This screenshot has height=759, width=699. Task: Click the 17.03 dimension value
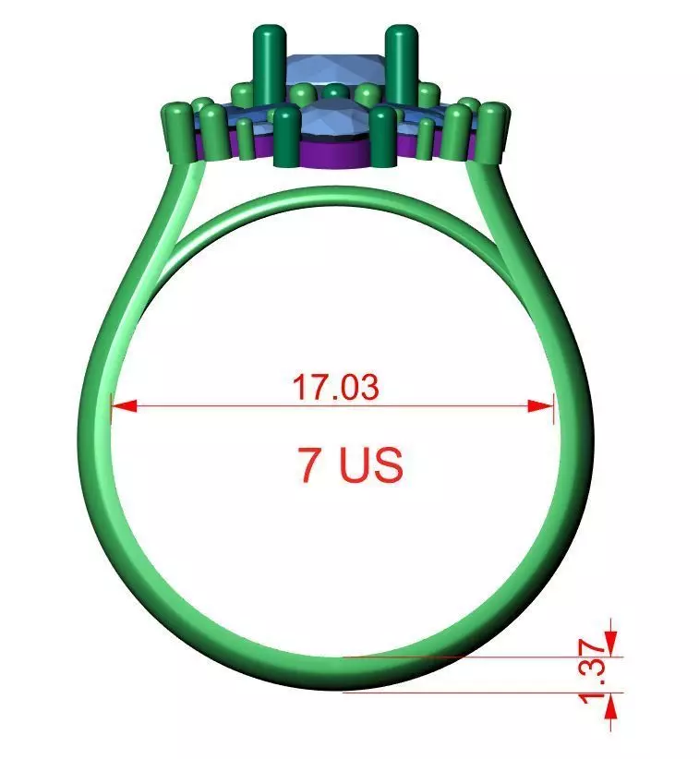(x=335, y=387)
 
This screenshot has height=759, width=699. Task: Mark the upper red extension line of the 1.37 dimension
(x=480, y=657)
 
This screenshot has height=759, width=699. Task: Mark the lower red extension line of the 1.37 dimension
(x=480, y=691)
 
